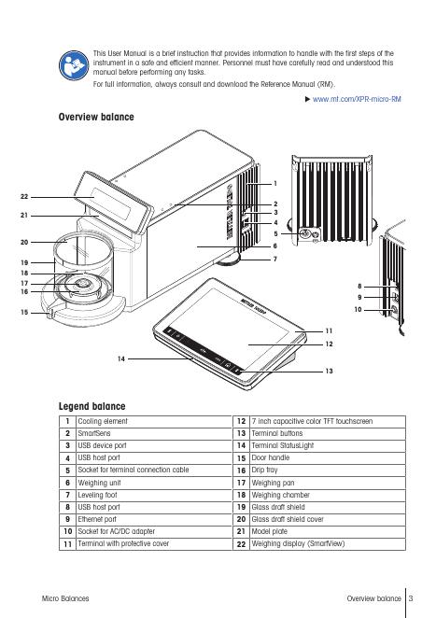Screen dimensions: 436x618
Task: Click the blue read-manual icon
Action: click(74, 65)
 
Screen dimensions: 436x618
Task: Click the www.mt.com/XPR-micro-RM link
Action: click(357, 99)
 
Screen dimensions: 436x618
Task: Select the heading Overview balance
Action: click(96, 117)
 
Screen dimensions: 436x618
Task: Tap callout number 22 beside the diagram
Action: click(24, 197)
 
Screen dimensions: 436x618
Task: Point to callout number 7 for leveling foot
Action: click(275, 259)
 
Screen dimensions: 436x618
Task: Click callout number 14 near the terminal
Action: click(121, 358)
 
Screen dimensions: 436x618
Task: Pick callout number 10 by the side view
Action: click(358, 309)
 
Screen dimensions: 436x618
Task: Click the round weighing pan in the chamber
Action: click(82, 284)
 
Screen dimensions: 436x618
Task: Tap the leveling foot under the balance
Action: click(229, 260)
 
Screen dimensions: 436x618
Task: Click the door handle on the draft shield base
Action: click(49, 314)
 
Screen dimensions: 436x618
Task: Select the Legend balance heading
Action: click(91, 406)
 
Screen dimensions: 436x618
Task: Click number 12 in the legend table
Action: click(241, 421)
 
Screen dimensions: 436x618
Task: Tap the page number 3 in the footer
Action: click(411, 598)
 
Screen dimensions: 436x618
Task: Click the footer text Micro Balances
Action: click(65, 598)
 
